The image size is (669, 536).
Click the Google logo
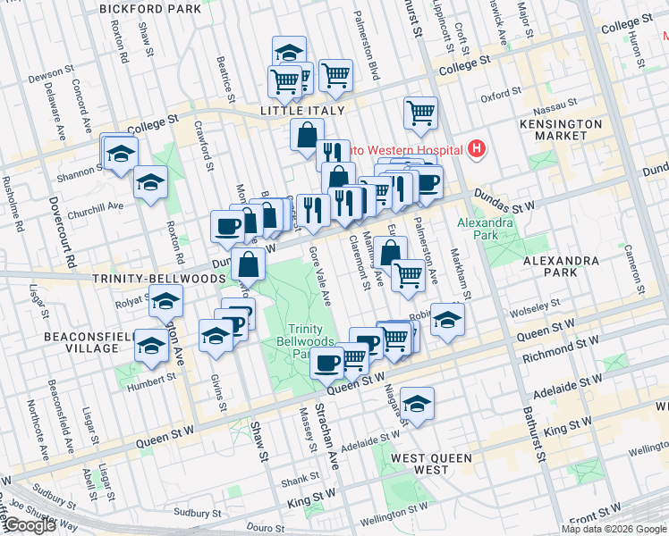(29, 525)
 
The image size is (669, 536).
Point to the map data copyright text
(614, 528)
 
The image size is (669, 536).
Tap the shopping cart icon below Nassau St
(420, 113)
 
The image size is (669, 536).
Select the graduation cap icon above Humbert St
(151, 345)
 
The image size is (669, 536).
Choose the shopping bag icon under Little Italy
(307, 135)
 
